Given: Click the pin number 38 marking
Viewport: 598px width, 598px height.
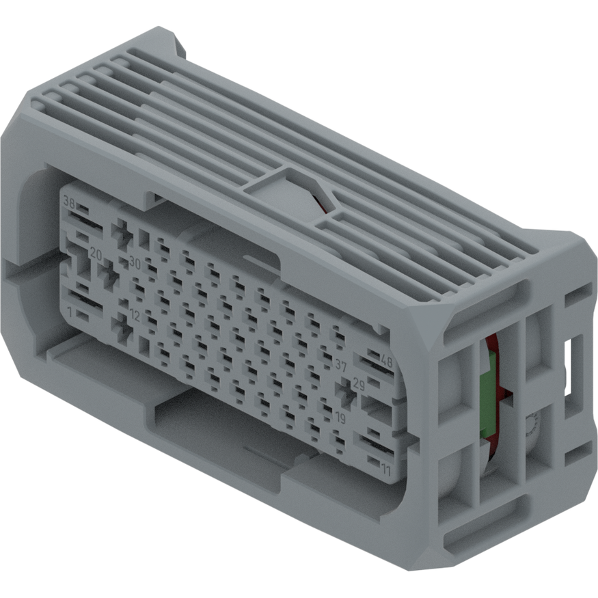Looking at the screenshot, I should (x=69, y=202).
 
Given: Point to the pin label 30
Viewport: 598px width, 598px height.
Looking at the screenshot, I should (x=134, y=263).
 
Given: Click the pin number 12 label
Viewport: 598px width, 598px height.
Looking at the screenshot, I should (x=134, y=316).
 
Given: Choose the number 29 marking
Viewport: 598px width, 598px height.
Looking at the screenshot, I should (x=359, y=386).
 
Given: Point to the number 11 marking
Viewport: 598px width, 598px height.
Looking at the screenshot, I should (x=386, y=470).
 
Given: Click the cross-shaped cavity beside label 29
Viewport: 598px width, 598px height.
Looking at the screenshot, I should (x=342, y=392).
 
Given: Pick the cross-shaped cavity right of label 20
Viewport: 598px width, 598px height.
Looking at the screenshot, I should (x=109, y=275).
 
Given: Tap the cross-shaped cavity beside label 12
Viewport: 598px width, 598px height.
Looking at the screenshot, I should (x=123, y=329).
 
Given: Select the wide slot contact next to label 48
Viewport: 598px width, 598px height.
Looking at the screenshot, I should (x=372, y=362).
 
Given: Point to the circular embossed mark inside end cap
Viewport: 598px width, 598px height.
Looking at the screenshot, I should (x=530, y=431).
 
